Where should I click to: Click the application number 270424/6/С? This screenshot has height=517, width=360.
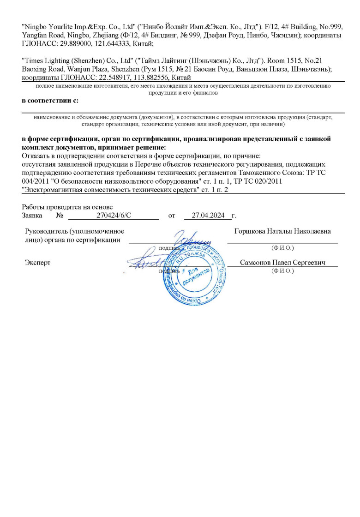point(111,215)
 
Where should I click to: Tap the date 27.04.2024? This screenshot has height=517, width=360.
point(208,215)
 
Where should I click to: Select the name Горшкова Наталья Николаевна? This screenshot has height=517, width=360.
point(282,231)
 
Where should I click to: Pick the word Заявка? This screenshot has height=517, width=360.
point(32,215)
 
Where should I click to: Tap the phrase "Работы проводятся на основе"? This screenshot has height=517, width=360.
point(67,207)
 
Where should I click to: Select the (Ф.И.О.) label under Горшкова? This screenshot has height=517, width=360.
point(283,248)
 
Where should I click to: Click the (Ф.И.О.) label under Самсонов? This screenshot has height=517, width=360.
point(283,271)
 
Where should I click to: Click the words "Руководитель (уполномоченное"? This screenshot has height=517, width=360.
point(74,231)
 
